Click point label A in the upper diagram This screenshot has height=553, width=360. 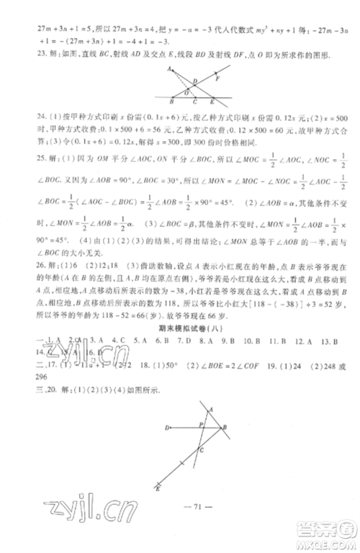point(166,68)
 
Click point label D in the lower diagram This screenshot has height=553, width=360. point(166,428)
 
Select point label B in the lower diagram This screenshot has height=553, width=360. point(225,428)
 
